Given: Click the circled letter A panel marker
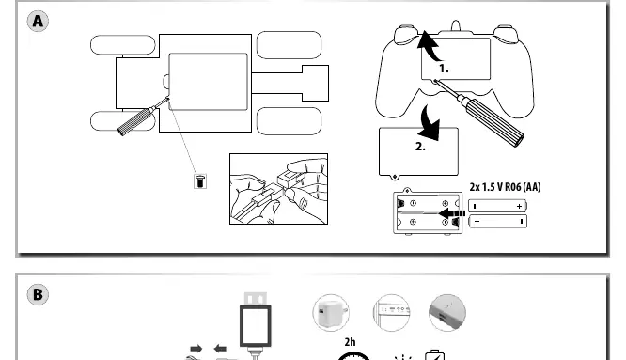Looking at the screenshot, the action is (x=38, y=21).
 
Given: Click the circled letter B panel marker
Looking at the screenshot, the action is (x=38, y=294).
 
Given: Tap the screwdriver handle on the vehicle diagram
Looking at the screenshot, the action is (x=136, y=121).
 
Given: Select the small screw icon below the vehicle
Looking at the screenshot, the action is (x=200, y=181).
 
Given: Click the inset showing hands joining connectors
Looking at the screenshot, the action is (x=278, y=189).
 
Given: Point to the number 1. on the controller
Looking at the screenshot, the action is (x=444, y=69).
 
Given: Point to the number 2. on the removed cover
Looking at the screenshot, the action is (x=420, y=147).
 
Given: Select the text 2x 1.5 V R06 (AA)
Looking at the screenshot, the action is (x=505, y=187).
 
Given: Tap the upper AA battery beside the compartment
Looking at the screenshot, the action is (x=497, y=206).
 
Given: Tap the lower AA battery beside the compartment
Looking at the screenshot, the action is (x=497, y=221).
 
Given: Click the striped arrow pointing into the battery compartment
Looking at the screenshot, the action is (x=452, y=213).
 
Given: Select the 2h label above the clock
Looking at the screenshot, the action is (x=350, y=342).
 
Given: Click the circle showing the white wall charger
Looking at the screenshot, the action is (x=331, y=313).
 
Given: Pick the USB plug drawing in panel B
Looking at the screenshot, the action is (x=256, y=324).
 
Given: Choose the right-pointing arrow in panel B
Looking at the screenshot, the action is (x=196, y=349).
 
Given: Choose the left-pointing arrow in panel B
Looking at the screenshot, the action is (x=220, y=349).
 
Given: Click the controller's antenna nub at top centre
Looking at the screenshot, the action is (x=456, y=25).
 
